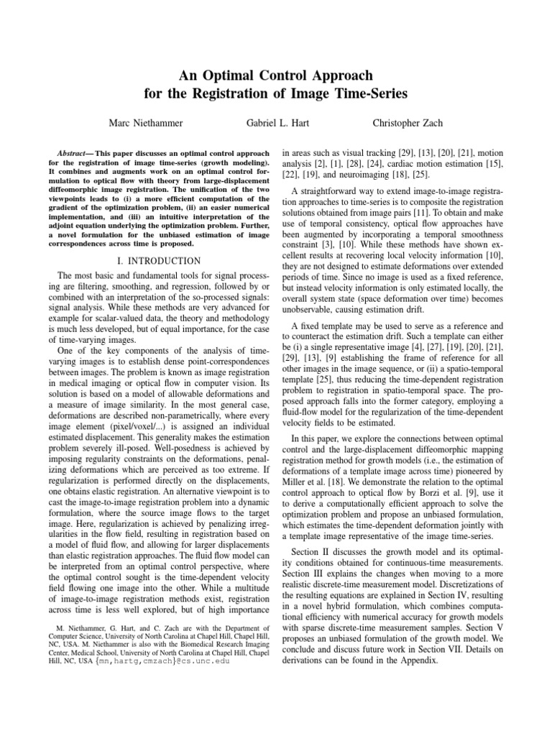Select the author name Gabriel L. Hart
pos(276,124)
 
